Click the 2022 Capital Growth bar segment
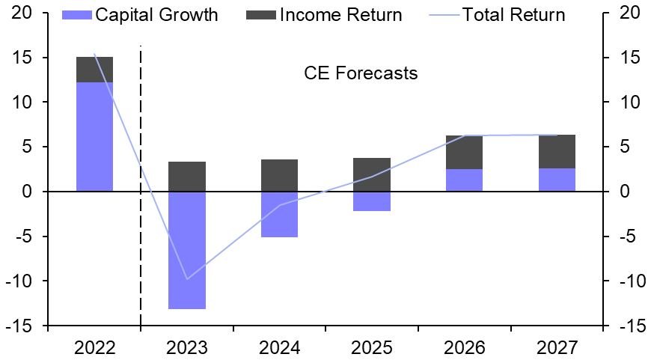click(94, 137)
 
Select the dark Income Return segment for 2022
click(94, 70)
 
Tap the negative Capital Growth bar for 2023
click(187, 250)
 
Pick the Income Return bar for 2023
click(187, 177)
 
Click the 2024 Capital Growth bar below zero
click(280, 214)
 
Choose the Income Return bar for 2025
click(372, 174)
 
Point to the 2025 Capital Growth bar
click(372, 201)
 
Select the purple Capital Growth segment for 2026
click(465, 180)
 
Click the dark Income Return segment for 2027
click(557, 152)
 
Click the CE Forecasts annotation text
click(360, 73)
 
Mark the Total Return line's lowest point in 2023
click(187, 279)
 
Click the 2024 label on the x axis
click(280, 347)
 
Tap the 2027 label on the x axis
click(557, 347)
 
